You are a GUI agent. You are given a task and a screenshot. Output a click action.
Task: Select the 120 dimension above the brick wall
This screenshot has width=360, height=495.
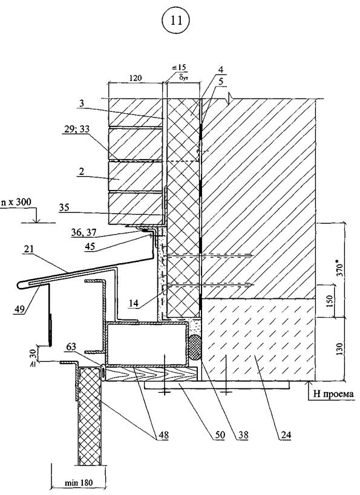pos(136,77)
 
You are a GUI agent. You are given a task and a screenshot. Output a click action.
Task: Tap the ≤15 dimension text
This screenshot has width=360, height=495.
pos(179,68)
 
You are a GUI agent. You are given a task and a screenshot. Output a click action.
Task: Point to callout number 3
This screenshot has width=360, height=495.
pos(82,103)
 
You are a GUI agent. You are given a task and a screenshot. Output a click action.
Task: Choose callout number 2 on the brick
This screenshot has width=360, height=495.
pos(82,171)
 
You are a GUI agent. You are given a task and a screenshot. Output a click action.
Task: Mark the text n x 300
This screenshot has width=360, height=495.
pos(16,202)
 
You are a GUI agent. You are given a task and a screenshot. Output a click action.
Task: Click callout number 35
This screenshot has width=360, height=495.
pos(64,208)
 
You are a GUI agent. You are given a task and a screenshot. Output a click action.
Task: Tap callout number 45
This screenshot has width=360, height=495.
pos(90,246)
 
